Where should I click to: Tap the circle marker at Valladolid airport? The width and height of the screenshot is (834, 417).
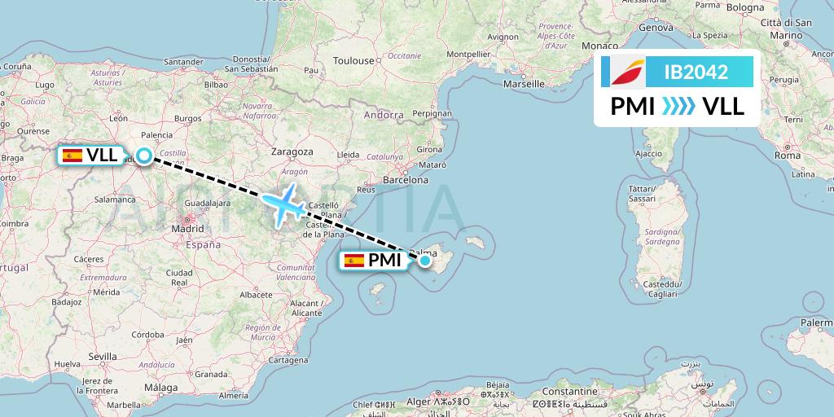point(144,155)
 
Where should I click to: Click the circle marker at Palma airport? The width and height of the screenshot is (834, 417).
point(425,260)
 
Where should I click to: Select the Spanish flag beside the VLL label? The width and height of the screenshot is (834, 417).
point(72,155)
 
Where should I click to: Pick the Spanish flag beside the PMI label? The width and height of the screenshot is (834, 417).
point(353,261)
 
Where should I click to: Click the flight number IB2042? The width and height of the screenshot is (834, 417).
point(696,72)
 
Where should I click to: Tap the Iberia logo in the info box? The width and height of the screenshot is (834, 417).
point(624,72)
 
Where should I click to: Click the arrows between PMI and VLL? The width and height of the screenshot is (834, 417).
point(678,106)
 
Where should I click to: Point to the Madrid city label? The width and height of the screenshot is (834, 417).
point(187,229)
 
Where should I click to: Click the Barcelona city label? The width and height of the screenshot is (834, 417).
point(405,179)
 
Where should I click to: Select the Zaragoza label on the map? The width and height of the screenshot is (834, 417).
point(292,151)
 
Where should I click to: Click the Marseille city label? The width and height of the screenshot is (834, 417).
point(524,83)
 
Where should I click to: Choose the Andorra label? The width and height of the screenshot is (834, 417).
point(383,115)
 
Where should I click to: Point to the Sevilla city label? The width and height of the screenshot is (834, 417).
point(103,357)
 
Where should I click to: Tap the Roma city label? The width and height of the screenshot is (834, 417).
point(788,155)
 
